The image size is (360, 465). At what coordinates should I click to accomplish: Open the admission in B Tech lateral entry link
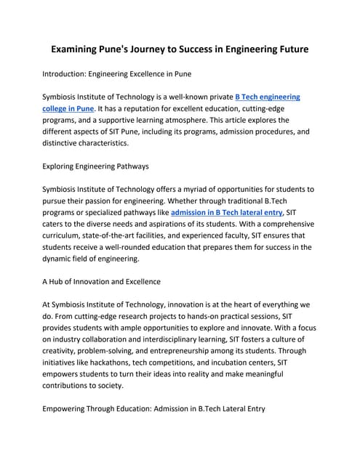(x=225, y=212)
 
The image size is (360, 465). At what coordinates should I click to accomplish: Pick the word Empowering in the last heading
(x=73, y=408)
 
